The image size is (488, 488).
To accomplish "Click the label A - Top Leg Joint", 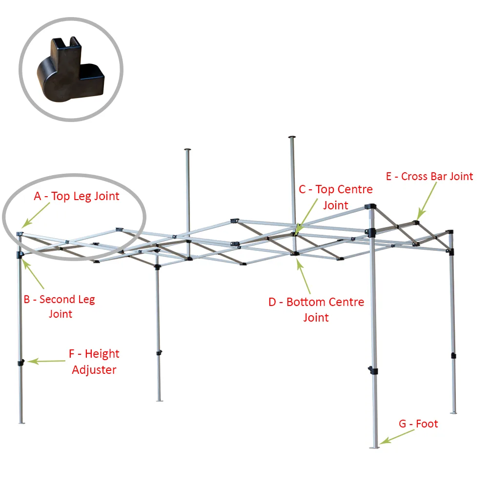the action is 77,196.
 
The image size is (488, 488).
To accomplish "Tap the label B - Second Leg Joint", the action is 60,306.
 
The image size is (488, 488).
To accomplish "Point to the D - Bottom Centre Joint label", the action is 316,310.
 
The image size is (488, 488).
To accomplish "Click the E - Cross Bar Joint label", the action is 429,177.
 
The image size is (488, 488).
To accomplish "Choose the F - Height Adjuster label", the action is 94,362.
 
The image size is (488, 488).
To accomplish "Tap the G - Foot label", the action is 418,424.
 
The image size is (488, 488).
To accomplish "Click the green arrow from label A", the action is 36,215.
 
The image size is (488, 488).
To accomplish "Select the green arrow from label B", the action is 33,274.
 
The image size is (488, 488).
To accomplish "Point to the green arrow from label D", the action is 304,276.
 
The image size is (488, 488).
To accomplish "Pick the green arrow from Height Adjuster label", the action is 46,361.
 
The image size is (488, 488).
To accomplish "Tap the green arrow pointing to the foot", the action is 397,437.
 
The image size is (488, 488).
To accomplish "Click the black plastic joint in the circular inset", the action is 71,69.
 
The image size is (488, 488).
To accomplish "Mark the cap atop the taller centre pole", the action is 292,137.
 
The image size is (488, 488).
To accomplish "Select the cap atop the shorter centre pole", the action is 187,150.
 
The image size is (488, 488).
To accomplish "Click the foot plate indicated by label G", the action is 374,447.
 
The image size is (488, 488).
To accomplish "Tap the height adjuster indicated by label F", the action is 21,363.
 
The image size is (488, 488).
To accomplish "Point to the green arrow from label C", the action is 306,216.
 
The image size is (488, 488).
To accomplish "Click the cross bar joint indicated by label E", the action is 416,222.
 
